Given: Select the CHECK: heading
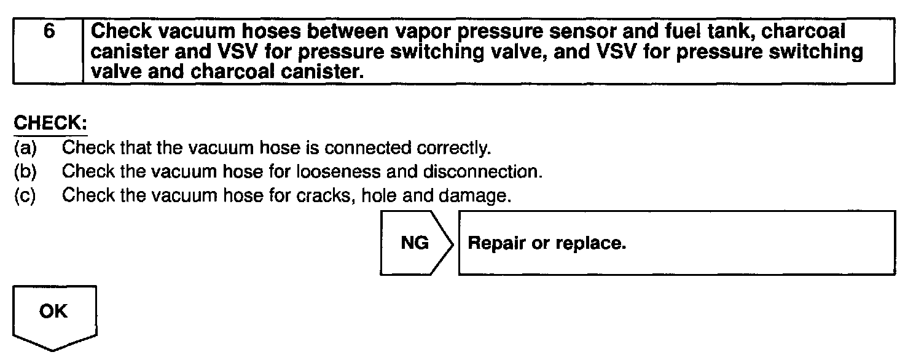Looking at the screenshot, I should pos(50,123).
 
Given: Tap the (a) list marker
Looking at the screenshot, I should pos(25,148).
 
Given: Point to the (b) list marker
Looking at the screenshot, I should pos(25,171).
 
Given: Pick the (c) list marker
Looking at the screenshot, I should pos(25,195).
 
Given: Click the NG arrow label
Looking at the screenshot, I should pos(415,243).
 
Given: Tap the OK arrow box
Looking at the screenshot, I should pos(53,312).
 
